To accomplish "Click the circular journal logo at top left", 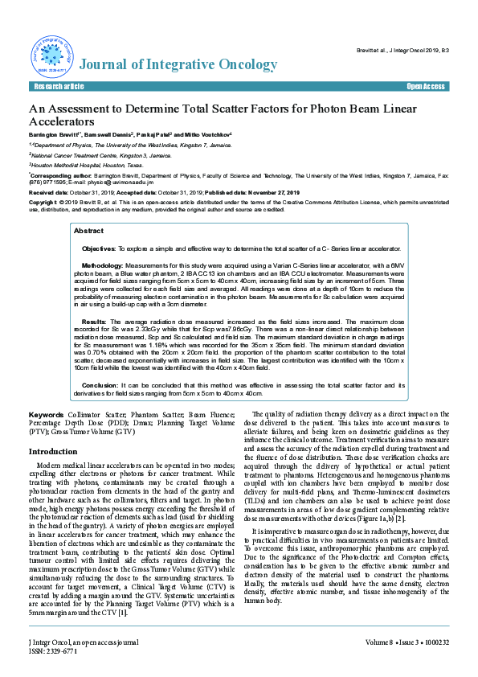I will click(x=51, y=55).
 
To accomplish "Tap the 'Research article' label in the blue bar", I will click(x=58, y=85).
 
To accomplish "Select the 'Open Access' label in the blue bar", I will click(x=425, y=85).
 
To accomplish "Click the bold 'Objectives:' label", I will click(x=99, y=249).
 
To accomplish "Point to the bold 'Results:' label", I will click(x=95, y=319).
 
